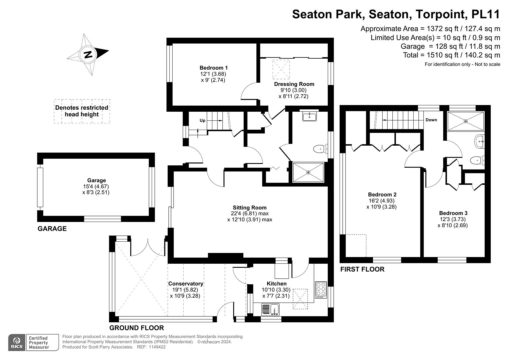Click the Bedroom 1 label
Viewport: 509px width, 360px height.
pyautogui.click(x=213, y=68)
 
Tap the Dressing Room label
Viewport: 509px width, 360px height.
pyautogui.click(x=294, y=84)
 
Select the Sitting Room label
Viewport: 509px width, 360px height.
pyautogui.click(x=250, y=207)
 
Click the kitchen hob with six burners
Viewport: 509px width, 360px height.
pyautogui.click(x=321, y=290)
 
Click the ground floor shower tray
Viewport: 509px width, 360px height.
pyautogui.click(x=308, y=172)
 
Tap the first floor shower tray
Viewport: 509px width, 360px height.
pyautogui.click(x=466, y=121)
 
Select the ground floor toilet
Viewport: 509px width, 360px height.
pyautogui.click(x=320, y=149)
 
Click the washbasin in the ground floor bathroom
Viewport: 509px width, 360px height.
pyautogui.click(x=309, y=117)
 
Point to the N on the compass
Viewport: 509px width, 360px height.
pyautogui.click(x=88, y=55)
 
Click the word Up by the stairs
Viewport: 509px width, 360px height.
pyautogui.click(x=202, y=120)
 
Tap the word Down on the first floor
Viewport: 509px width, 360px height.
pyautogui.click(x=431, y=120)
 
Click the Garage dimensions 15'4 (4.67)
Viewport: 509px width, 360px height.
pyautogui.click(x=96, y=186)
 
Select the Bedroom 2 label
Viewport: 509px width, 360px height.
pyautogui.click(x=382, y=195)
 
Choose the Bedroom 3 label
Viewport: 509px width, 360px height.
pyautogui.click(x=453, y=213)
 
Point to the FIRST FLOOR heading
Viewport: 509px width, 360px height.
pyautogui.click(x=362, y=269)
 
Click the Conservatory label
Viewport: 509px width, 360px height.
pyautogui.click(x=186, y=284)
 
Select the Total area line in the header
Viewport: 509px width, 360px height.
pyautogui.click(x=452, y=55)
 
